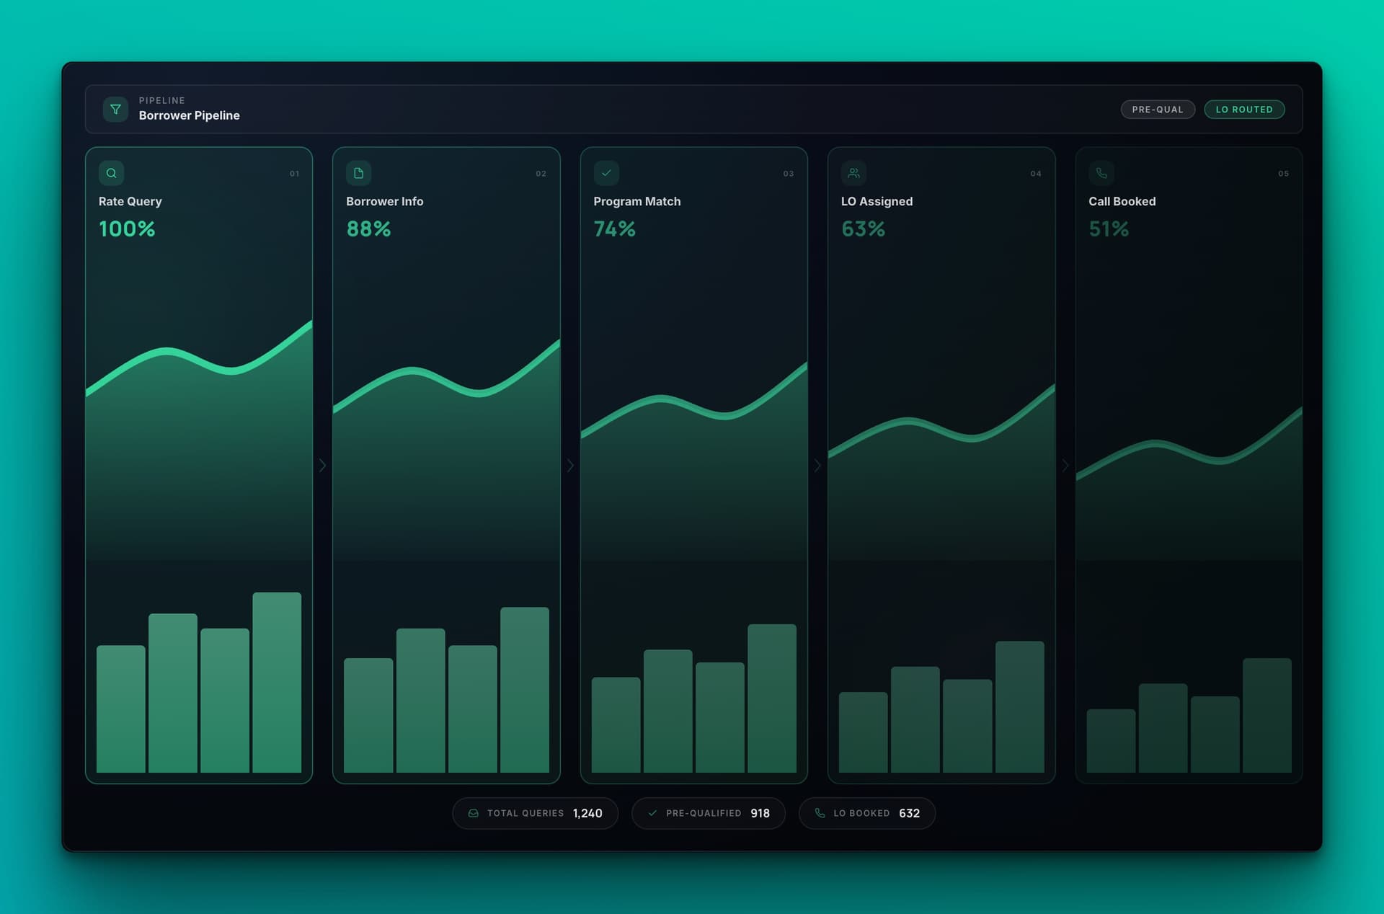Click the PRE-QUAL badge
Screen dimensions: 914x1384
(x=1157, y=110)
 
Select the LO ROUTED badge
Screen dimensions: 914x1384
(x=1243, y=110)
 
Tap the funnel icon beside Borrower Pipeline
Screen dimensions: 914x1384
(x=115, y=110)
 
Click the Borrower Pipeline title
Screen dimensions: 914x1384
(x=189, y=115)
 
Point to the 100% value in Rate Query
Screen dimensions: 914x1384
(x=127, y=229)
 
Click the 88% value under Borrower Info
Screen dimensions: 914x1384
(x=368, y=229)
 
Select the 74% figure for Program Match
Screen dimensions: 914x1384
(x=614, y=229)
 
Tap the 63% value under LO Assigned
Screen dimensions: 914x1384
(x=863, y=229)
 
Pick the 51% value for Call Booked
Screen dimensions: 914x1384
(x=1109, y=229)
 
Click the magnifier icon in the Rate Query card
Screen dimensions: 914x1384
(x=112, y=173)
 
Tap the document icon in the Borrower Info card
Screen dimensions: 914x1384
(x=359, y=173)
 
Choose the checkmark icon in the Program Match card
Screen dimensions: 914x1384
(x=606, y=173)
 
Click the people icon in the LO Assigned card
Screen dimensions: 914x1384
(x=853, y=173)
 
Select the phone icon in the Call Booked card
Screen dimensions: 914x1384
(x=1101, y=173)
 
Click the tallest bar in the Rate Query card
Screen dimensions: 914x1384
(x=277, y=682)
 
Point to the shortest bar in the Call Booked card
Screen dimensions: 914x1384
(x=1111, y=740)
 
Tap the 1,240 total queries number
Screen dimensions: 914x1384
(x=587, y=813)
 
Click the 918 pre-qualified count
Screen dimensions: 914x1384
(x=760, y=813)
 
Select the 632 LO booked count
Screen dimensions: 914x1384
(x=909, y=813)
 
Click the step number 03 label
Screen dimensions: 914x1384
(x=789, y=174)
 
